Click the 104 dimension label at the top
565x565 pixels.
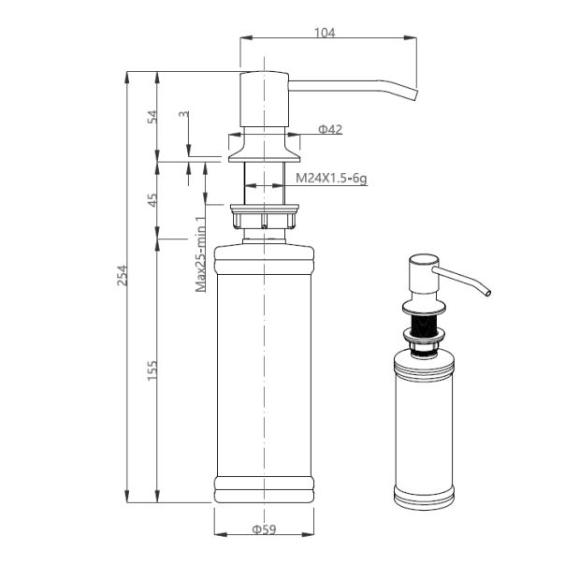pyautogui.click(x=325, y=33)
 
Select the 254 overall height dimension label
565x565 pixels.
pyautogui.click(x=123, y=275)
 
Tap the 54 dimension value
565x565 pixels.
pyautogui.click(x=152, y=117)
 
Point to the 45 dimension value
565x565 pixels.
pyautogui.click(x=152, y=200)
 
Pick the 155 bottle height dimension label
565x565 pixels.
pyautogui.click(x=152, y=370)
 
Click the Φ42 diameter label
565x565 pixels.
pyautogui.click(x=330, y=129)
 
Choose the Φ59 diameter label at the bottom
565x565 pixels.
pyautogui.click(x=264, y=529)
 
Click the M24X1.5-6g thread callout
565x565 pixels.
pyautogui.click(x=331, y=178)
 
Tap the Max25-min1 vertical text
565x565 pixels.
pyautogui.click(x=201, y=254)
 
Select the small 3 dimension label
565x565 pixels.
pyautogui.click(x=183, y=114)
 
